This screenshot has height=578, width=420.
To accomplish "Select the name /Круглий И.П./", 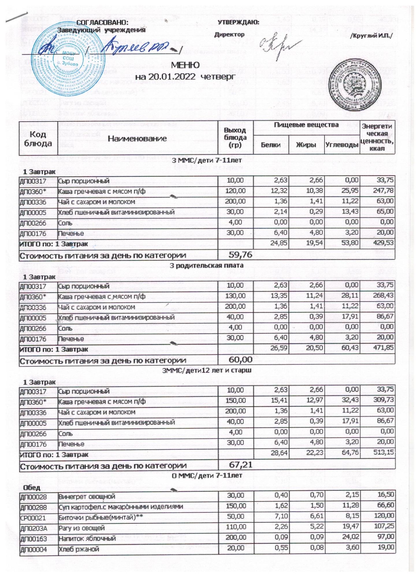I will [x=371, y=36].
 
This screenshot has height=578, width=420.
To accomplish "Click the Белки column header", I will [x=271, y=145].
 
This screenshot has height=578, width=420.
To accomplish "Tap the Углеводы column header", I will [x=342, y=145].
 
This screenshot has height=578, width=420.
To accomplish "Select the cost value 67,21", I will [x=240, y=465].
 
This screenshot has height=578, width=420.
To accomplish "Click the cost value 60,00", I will [x=240, y=360].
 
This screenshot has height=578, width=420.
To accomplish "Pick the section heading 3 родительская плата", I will [x=206, y=265].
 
